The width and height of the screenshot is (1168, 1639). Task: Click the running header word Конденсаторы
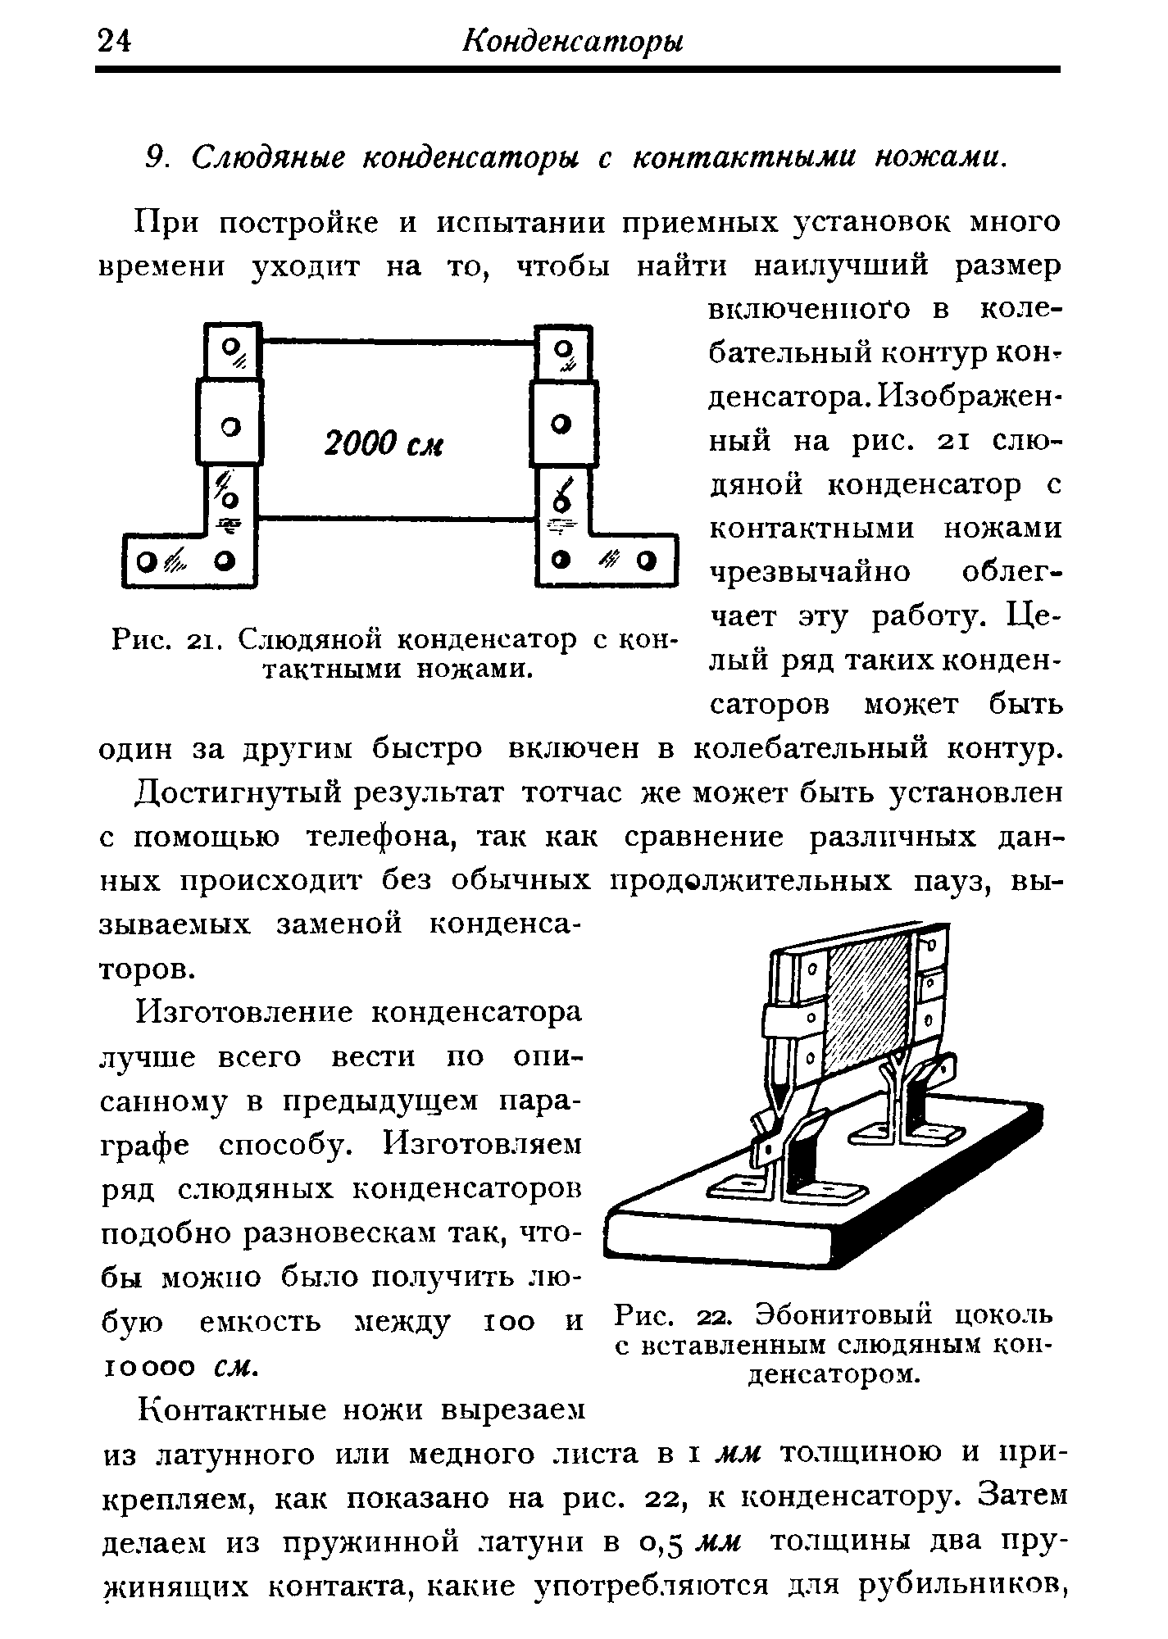point(573,40)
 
